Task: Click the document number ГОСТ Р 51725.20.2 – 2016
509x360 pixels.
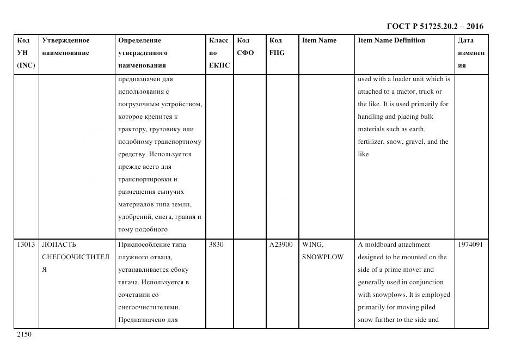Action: pyautogui.click(x=434, y=26)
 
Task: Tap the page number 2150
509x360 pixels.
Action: pyautogui.click(x=24, y=334)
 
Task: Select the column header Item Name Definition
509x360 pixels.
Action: pyautogui.click(x=391, y=40)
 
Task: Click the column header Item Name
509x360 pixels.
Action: pyautogui.click(x=319, y=40)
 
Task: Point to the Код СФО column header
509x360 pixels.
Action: pyautogui.click(x=245, y=47)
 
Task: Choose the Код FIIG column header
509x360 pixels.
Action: pyautogui.click(x=277, y=47)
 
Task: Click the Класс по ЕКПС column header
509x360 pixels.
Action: pyautogui.click(x=219, y=53)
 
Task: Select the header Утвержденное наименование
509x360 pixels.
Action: pyautogui.click(x=66, y=47)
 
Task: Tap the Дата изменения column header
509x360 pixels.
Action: pyautogui.click(x=470, y=53)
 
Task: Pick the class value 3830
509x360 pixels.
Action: pyautogui.click(x=217, y=245)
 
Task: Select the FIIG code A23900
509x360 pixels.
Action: pyautogui.click(x=281, y=245)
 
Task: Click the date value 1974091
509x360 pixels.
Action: pyautogui.click(x=471, y=245)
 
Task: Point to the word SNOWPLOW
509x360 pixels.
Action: pyautogui.click(x=323, y=257)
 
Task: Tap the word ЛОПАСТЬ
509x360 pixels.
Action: pyautogui.click(x=59, y=245)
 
